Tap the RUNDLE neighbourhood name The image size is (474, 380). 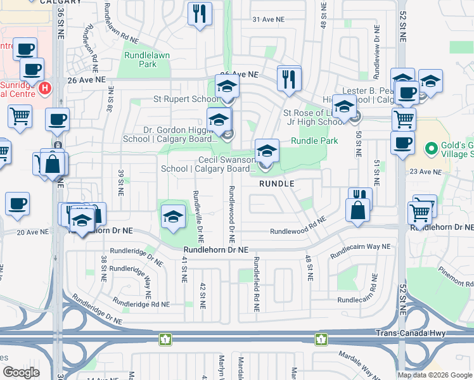(278, 183)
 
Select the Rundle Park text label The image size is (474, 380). (314, 141)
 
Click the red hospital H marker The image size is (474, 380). (44, 88)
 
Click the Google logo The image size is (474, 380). (21, 372)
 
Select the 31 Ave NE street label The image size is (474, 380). (268, 20)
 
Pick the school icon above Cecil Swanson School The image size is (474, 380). (267, 152)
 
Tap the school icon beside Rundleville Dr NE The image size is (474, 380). (173, 217)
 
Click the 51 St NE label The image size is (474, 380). (376, 174)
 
